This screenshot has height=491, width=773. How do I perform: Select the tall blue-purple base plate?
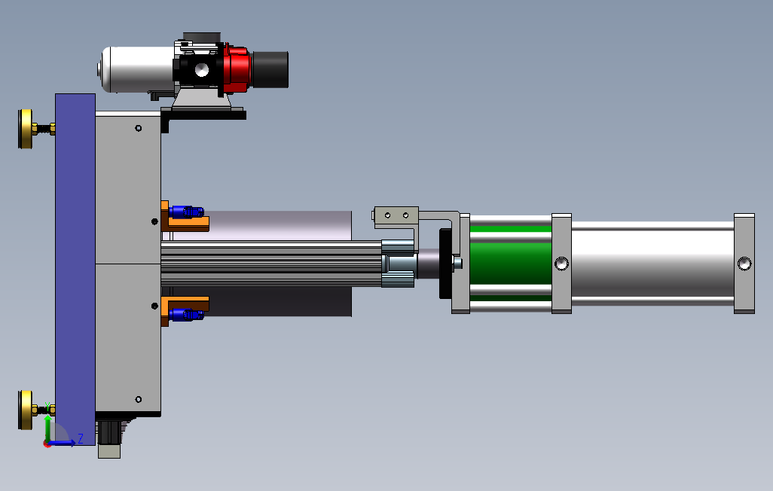[75, 269]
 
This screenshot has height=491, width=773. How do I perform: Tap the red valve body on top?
[237, 69]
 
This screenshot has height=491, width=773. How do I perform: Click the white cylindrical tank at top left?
[137, 69]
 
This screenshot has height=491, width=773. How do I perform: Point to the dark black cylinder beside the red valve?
[270, 69]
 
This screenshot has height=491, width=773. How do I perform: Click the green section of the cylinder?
[511, 264]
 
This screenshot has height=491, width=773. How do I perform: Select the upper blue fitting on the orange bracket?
[186, 212]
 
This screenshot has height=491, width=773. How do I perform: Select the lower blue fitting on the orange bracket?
[186, 314]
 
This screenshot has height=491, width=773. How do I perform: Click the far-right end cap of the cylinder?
[744, 264]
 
